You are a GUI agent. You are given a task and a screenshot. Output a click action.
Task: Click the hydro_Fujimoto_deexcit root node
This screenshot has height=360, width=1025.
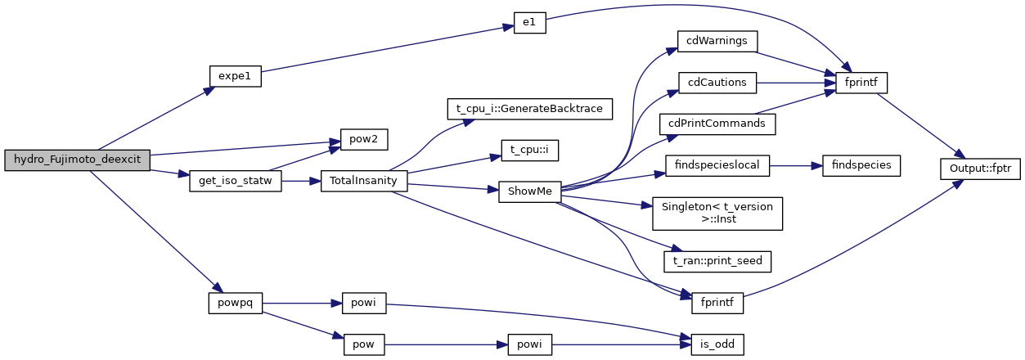pyautogui.click(x=77, y=160)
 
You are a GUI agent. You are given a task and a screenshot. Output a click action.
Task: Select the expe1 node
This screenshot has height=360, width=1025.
pyautogui.click(x=235, y=75)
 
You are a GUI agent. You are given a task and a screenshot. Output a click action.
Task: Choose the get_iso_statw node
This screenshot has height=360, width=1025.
pyautogui.click(x=235, y=181)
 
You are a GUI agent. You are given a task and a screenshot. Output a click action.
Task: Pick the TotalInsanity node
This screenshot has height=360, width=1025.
pyautogui.click(x=363, y=181)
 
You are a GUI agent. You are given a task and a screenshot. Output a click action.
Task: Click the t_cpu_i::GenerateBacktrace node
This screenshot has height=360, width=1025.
pyautogui.click(x=528, y=109)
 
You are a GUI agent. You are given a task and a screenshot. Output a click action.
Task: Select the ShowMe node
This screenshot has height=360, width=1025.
pyautogui.click(x=528, y=191)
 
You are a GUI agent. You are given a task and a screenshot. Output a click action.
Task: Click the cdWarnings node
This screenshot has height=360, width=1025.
pyautogui.click(x=717, y=40)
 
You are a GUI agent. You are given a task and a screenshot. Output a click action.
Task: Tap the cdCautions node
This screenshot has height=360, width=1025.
pyautogui.click(x=717, y=82)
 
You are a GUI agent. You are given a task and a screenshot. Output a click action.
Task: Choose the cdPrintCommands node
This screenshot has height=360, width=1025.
pyautogui.click(x=717, y=124)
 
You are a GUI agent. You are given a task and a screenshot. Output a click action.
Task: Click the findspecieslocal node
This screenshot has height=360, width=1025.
pyautogui.click(x=717, y=164)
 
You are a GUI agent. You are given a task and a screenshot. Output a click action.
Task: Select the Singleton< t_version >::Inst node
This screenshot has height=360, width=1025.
pyautogui.click(x=717, y=213)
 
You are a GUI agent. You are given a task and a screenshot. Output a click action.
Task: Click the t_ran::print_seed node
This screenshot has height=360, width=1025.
pyautogui.click(x=717, y=261)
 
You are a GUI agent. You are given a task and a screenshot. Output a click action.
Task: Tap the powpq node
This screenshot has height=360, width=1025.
pyautogui.click(x=235, y=303)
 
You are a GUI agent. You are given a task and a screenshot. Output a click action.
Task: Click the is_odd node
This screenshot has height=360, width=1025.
pyautogui.click(x=717, y=344)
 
